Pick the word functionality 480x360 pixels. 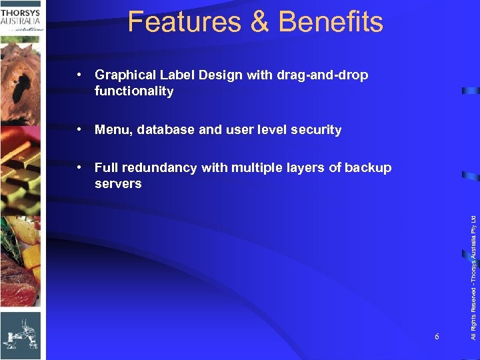[x=134, y=91]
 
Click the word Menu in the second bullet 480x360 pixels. [x=114, y=130]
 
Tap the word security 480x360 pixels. [x=316, y=130]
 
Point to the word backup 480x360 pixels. [x=368, y=168]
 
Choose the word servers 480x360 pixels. [x=118, y=184]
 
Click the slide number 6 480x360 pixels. [x=437, y=337]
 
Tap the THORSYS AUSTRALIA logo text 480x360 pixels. [x=21, y=16]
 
